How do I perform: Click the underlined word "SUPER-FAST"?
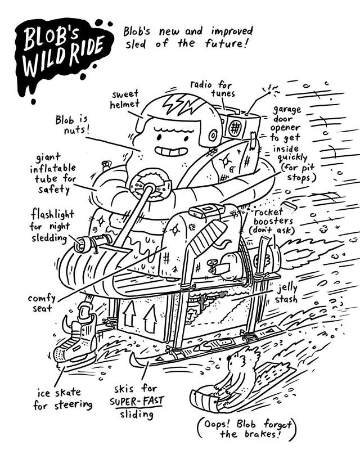point(135,403)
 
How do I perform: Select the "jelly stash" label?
point(286,293)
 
